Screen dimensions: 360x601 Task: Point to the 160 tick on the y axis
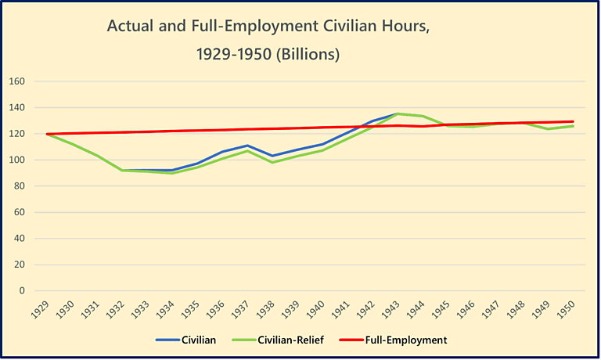coord(18,81)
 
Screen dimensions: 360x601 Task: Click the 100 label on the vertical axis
coord(18,160)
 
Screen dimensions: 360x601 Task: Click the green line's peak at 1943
coord(397,113)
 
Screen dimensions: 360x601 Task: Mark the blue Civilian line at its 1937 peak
coord(247,146)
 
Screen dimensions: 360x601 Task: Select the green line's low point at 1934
coord(171,173)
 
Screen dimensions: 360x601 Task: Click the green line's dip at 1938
coord(272,162)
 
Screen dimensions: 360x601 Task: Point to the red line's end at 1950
coord(573,121)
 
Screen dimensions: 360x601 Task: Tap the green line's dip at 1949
coord(548,128)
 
